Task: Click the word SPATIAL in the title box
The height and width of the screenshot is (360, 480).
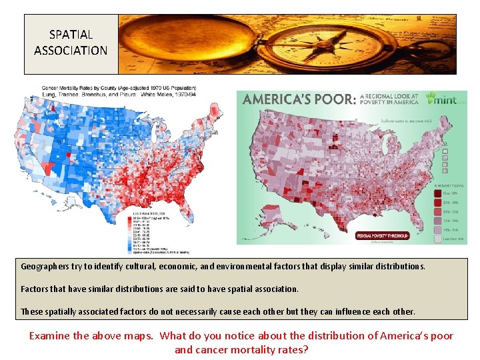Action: [71, 34]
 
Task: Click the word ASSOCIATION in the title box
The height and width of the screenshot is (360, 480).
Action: [71, 50]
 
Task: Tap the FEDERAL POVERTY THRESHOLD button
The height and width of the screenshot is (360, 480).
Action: [383, 235]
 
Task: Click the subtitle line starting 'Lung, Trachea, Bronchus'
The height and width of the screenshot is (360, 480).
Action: [100, 95]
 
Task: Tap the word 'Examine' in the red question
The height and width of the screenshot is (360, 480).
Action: [49, 335]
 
